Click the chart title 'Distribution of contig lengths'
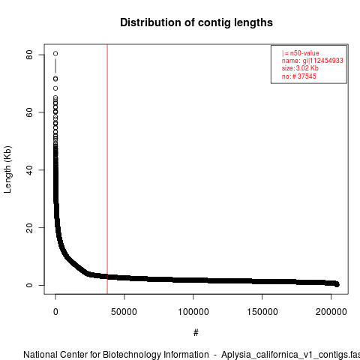196,22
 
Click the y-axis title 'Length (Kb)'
7,169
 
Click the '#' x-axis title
196,332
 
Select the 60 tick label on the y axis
29,112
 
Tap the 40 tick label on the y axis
29,170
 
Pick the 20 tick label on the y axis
29,227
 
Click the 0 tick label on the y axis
29,285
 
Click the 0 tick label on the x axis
55,312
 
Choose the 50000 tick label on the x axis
124,312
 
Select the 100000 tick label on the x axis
193,312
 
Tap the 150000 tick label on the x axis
262,312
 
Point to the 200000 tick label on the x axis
331,312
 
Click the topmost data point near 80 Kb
55,53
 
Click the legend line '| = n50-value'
301,53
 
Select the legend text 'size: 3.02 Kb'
300,68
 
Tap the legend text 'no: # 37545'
299,76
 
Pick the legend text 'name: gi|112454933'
313,61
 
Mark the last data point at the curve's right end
337,284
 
